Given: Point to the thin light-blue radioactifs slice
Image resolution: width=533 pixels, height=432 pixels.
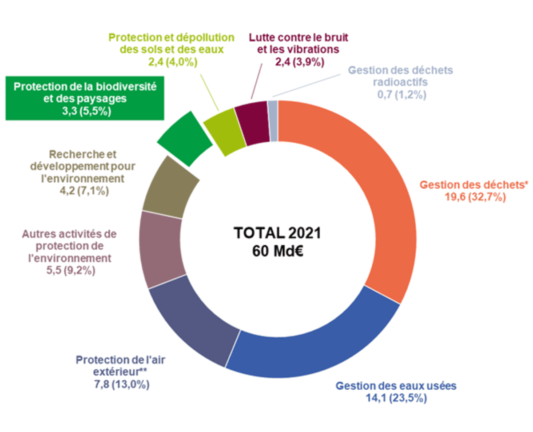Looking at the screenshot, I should (273, 121).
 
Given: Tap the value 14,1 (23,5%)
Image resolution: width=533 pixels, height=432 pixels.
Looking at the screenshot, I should (395, 398).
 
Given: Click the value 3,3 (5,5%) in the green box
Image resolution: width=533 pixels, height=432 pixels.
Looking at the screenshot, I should (84, 111).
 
